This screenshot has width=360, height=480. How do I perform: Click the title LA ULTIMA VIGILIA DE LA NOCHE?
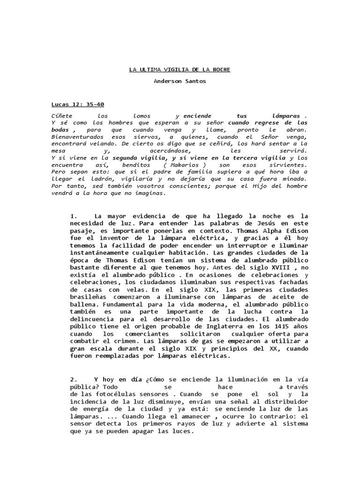pos(180,69)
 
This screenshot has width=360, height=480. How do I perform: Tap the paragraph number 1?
pos(73,216)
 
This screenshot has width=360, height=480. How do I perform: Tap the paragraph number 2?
pos(73,379)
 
